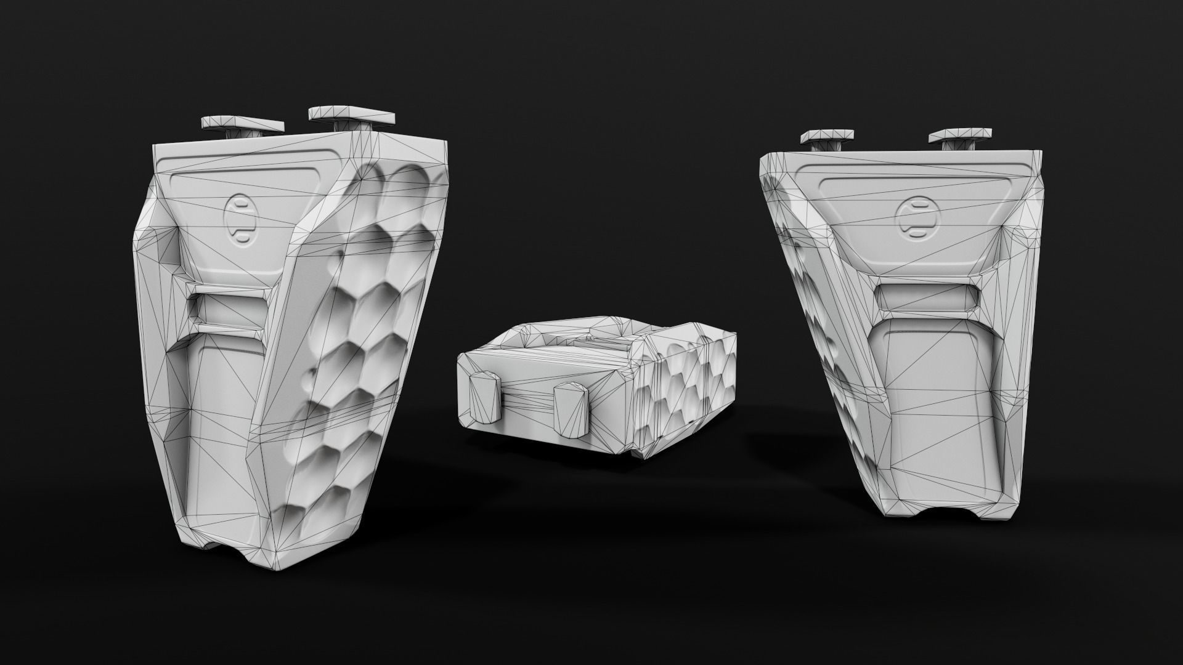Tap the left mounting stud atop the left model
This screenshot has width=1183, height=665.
[x=242, y=126]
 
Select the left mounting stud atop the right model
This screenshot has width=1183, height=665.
[x=827, y=139]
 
